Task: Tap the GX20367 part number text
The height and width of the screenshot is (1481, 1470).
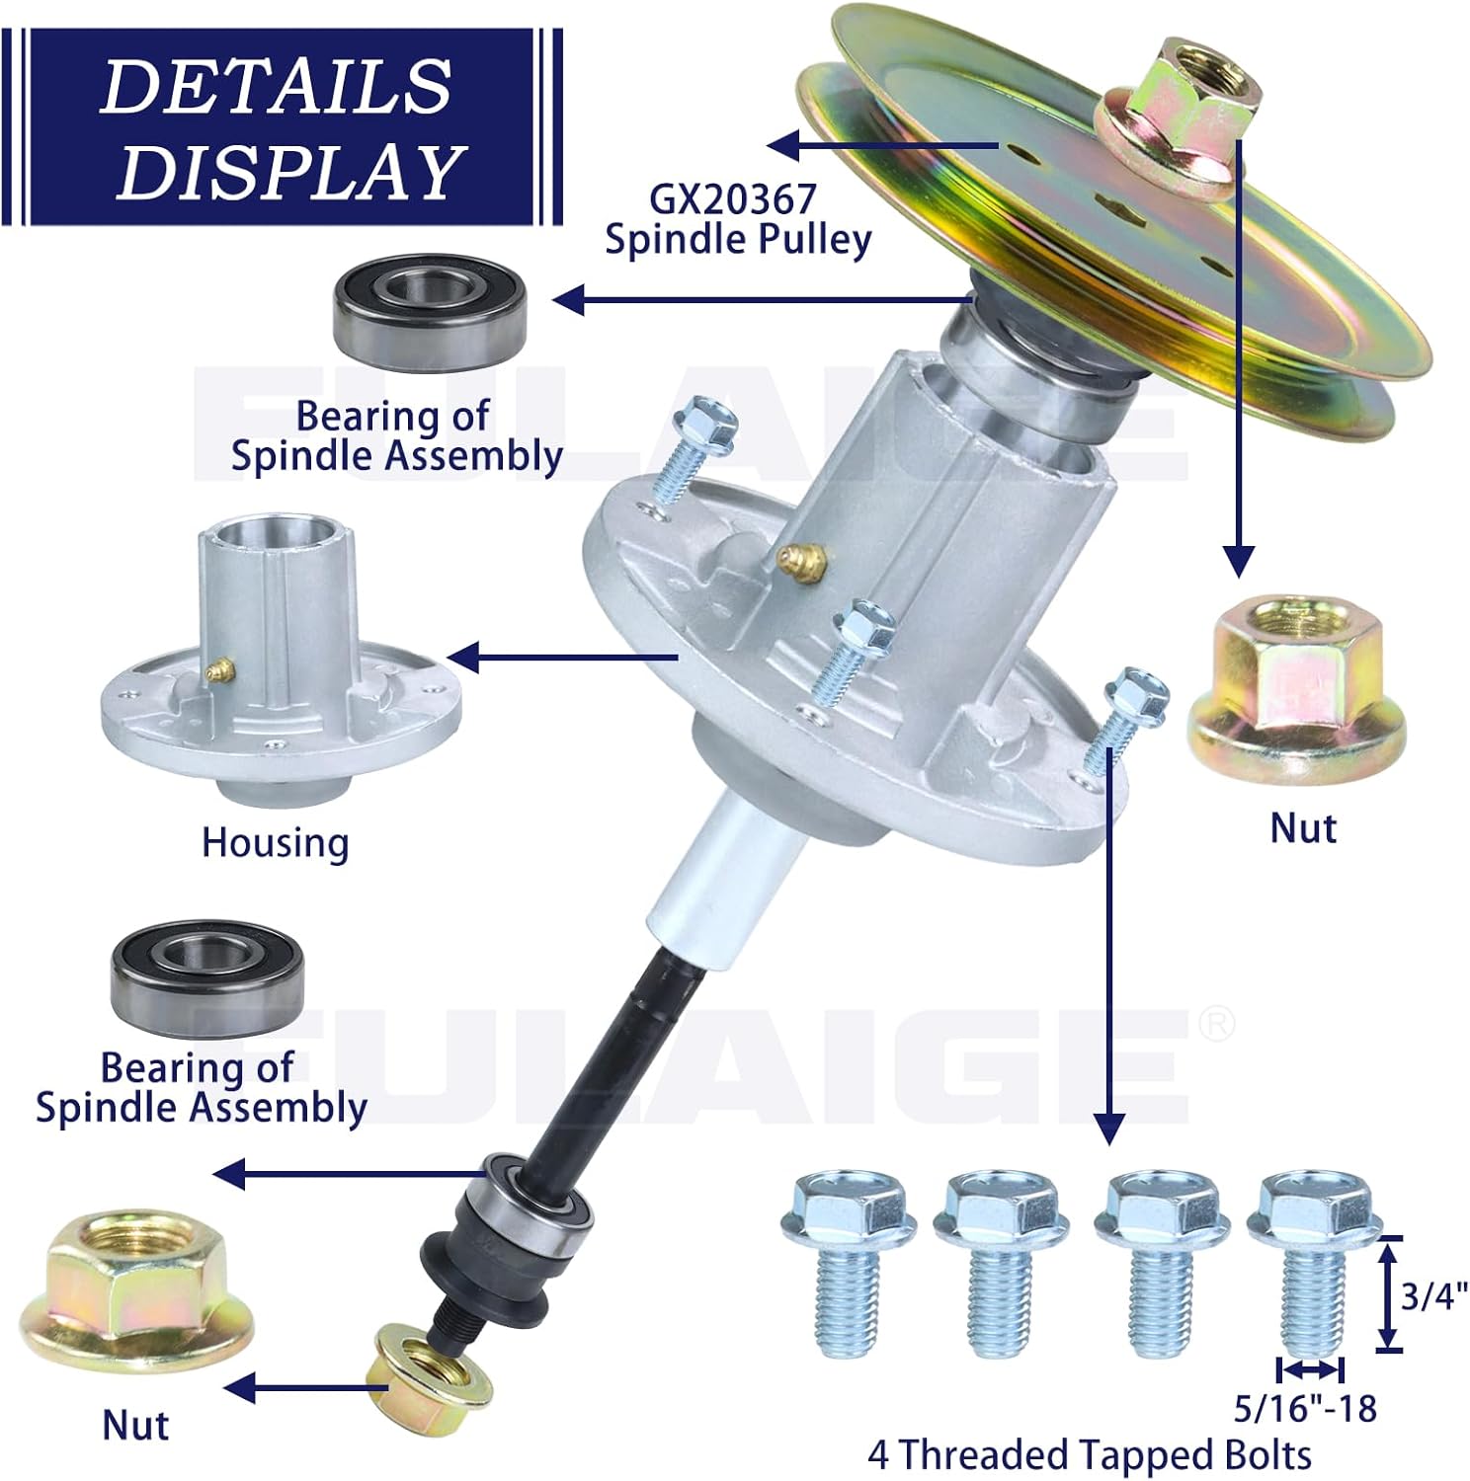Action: [x=732, y=199]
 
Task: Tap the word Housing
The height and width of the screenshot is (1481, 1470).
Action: [x=275, y=843]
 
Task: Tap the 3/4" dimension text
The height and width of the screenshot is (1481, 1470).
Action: [x=1433, y=1294]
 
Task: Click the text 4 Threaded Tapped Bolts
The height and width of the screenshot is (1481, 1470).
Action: [x=1089, y=1455]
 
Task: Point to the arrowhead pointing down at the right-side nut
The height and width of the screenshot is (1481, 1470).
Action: [x=1238, y=562]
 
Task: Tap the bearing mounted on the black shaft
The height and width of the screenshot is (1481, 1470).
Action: [x=536, y=1207]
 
